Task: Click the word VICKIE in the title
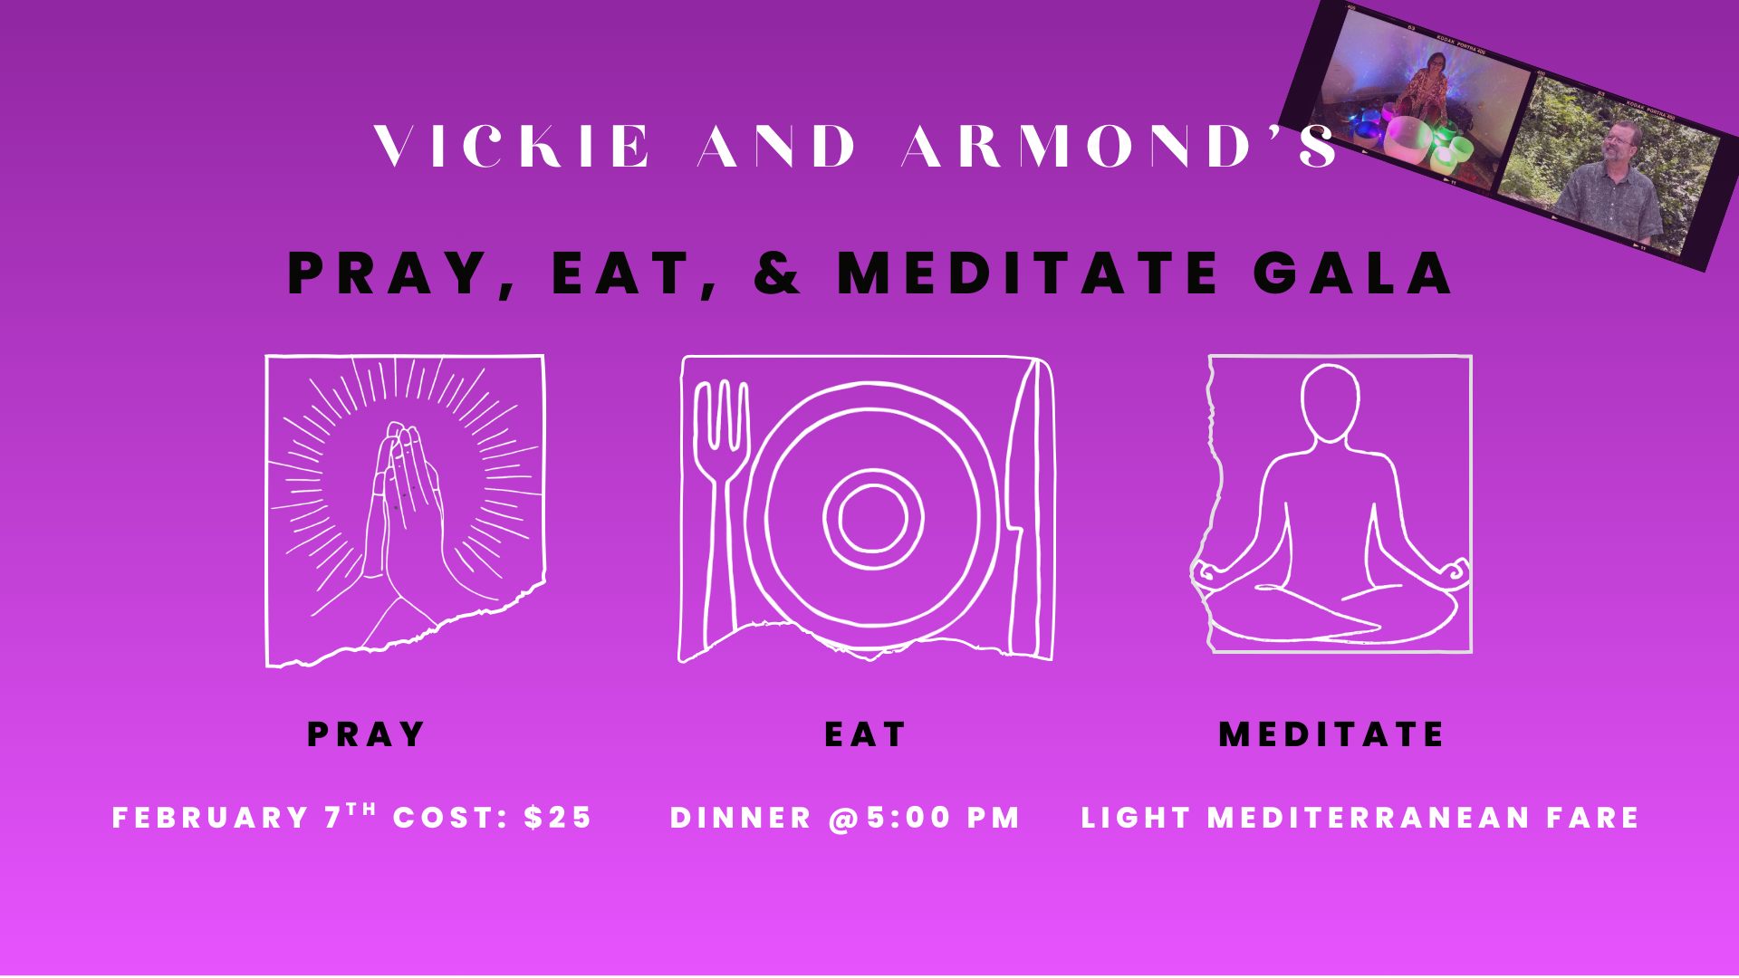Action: [x=513, y=147]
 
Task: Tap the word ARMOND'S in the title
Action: [x=1119, y=147]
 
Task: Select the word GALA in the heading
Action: [x=1353, y=273]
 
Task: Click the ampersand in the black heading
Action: [x=777, y=273]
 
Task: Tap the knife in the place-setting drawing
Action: [x=1028, y=507]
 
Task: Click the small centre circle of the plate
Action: [x=873, y=518]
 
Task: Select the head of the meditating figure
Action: [x=1330, y=403]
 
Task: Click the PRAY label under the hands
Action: [x=366, y=734]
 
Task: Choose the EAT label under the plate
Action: [x=865, y=734]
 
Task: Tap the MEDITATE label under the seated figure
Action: [x=1331, y=734]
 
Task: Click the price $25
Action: [x=558, y=818]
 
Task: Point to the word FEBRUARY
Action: [x=211, y=818]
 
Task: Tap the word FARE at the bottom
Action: [x=1593, y=818]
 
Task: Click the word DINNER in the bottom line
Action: [x=741, y=818]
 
